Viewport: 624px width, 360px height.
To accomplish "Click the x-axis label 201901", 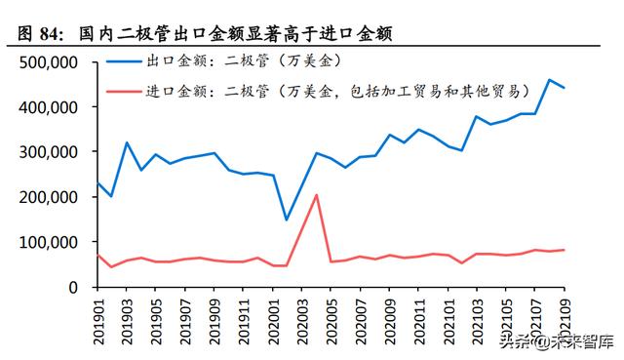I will pos(97,321).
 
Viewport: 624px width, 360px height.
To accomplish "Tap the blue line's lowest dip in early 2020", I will pos(287,220).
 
